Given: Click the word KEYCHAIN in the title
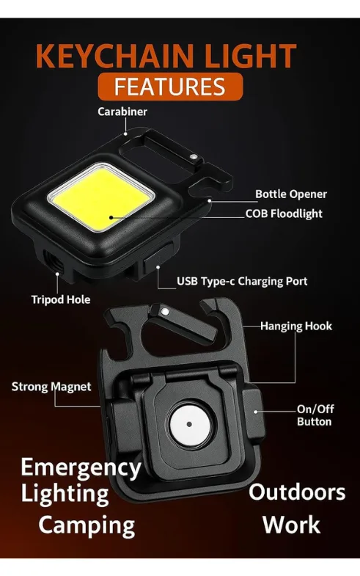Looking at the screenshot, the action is [x=114, y=56].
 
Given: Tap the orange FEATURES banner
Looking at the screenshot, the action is [x=170, y=87].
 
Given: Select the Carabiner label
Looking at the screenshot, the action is [x=122, y=112].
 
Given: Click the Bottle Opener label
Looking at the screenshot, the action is [x=291, y=194].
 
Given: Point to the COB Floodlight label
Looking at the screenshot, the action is [x=284, y=214].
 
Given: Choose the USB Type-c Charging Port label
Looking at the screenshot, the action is [x=242, y=281].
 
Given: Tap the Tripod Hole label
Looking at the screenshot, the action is [x=61, y=300].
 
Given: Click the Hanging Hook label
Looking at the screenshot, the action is [x=296, y=327].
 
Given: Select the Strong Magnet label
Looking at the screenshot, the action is [x=51, y=387].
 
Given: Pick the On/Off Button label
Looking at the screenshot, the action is [x=315, y=415].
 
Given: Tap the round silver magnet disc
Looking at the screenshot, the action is [x=189, y=424].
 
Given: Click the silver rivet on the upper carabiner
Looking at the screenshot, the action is [x=194, y=157].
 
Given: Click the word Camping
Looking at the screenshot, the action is [x=87, y=526].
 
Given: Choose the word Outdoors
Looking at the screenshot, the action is [x=297, y=492].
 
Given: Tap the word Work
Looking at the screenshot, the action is [x=291, y=525].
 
